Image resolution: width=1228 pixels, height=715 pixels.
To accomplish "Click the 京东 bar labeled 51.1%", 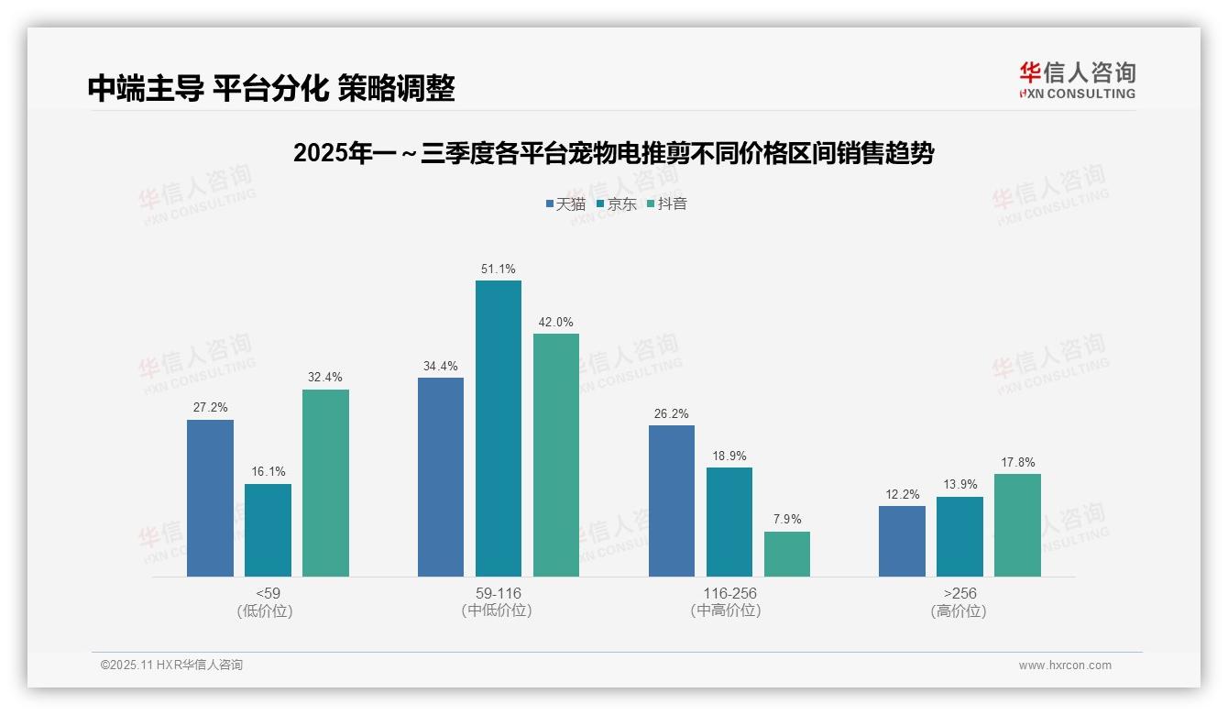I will coord(498,428).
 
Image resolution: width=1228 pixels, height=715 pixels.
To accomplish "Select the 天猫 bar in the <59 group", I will coord(210,498).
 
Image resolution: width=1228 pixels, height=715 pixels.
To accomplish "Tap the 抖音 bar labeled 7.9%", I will coord(787,554).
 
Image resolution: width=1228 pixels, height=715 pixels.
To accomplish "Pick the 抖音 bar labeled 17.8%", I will coord(1017,524).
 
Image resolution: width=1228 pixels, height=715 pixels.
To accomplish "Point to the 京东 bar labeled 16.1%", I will coord(268,530).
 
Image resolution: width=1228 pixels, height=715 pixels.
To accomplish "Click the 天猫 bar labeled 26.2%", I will coord(671,500).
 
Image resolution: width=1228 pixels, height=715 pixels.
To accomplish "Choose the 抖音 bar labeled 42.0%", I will coord(556,455).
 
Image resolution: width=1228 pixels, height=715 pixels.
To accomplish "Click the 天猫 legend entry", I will coord(565,203).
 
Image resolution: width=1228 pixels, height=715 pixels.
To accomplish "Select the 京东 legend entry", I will coord(617,203).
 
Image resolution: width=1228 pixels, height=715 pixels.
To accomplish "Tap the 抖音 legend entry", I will coord(667,203).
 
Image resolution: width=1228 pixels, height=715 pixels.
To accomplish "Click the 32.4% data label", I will coord(325,377).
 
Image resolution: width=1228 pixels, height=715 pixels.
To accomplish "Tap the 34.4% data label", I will coord(440,366).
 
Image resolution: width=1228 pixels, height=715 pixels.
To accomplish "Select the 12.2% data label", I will coord(902,494).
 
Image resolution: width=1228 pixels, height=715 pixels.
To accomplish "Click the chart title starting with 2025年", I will coord(613,153).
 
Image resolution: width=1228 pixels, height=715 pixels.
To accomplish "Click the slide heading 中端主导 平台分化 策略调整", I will coord(271,88).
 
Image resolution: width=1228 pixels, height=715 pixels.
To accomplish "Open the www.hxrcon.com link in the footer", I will coord(1065,665).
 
